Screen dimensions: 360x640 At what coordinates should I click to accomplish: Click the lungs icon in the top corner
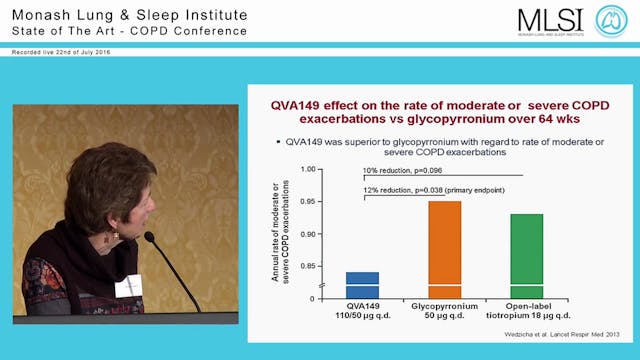(611, 22)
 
